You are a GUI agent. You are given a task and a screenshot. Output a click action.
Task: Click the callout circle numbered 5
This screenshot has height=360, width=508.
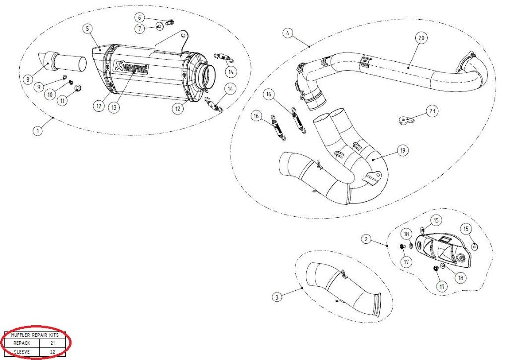[87, 28]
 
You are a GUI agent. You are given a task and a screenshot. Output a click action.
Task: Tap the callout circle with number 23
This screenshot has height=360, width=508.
[432, 111]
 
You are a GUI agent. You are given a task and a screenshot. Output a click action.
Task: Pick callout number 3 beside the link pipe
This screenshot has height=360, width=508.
[277, 297]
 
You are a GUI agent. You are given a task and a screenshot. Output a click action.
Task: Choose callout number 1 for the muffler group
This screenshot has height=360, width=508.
[37, 131]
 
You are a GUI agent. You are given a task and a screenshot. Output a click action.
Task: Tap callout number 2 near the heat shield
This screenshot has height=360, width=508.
[366, 240]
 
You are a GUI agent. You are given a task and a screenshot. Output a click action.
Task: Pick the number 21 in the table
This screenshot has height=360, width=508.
[52, 342]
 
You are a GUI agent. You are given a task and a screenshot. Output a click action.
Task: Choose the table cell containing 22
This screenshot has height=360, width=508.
[52, 352]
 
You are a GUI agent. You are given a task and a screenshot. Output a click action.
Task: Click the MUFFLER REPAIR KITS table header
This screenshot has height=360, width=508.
[35, 335]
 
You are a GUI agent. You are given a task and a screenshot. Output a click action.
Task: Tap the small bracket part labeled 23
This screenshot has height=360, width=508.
[407, 120]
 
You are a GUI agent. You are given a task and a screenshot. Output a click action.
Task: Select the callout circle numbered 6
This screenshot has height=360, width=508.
[139, 17]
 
